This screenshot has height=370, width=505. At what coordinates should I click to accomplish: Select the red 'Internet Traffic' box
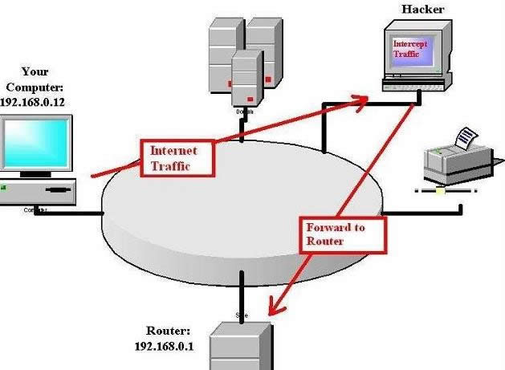point(181,158)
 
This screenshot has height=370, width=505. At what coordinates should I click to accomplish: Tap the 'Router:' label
point(168,331)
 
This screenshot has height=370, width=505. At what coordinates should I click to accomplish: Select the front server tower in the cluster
point(247,78)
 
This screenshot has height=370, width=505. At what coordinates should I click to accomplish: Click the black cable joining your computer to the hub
point(68,213)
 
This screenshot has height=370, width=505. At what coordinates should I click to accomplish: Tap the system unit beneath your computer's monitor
point(39,191)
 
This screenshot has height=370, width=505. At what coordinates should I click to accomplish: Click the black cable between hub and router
point(240,288)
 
